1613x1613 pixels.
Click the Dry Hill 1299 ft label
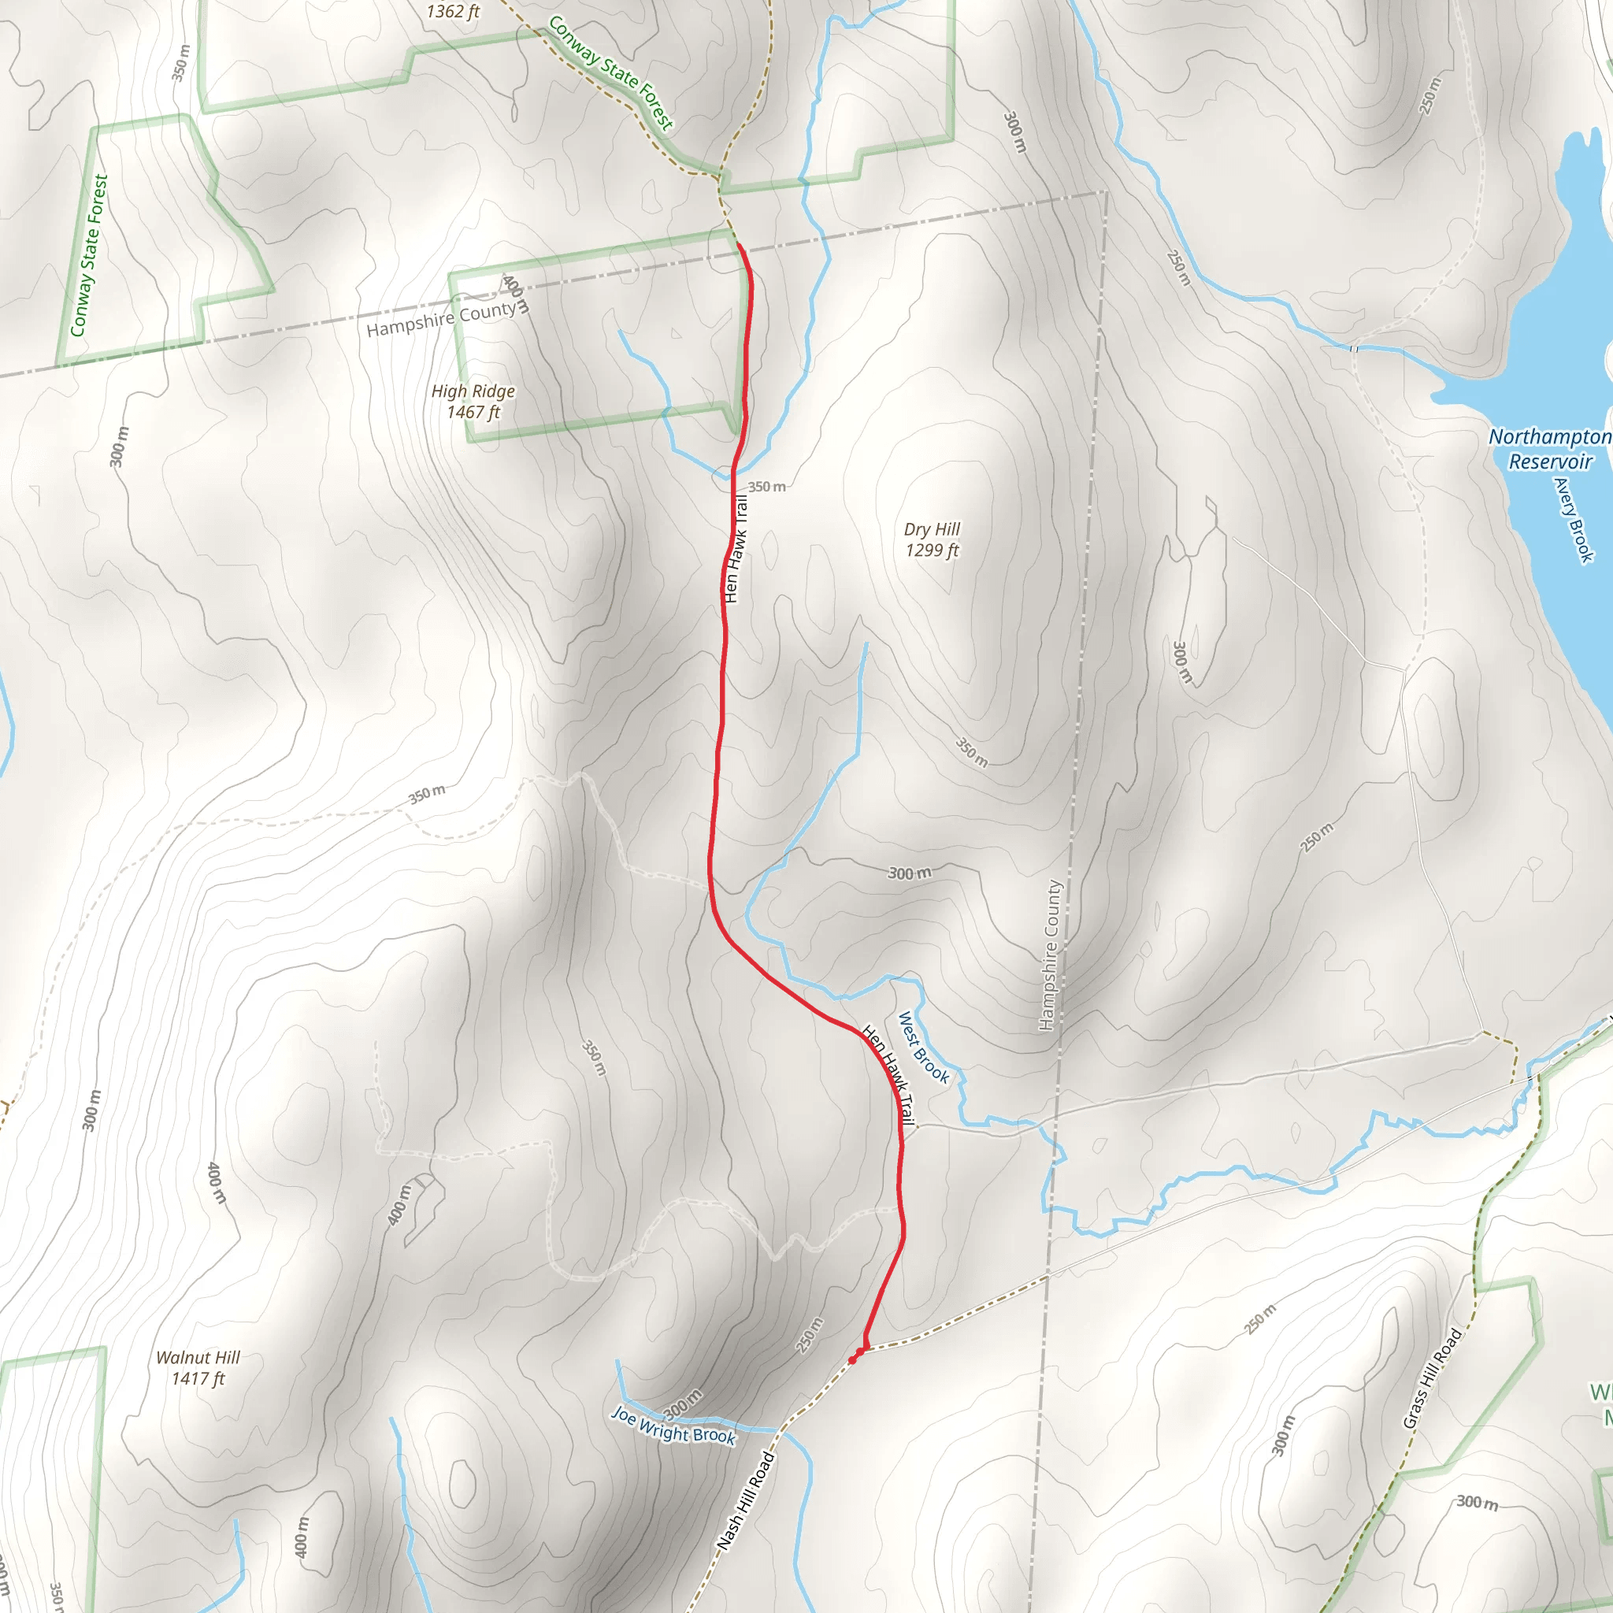click(x=932, y=540)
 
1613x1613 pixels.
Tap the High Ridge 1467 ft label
click(x=473, y=402)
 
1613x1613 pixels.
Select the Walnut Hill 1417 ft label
click(x=198, y=1367)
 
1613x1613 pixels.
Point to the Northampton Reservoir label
click(x=1549, y=449)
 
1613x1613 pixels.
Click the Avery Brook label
click(x=1574, y=519)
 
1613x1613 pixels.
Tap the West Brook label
click(x=922, y=1047)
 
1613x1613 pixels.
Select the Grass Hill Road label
click(x=1433, y=1378)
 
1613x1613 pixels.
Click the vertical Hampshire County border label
click(x=1049, y=955)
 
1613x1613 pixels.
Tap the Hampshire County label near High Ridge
click(x=442, y=319)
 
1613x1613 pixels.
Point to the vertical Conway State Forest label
click(x=89, y=255)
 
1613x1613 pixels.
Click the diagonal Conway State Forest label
click(x=610, y=73)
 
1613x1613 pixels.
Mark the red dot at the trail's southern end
click(x=853, y=1360)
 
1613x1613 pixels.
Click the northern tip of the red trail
click(x=739, y=245)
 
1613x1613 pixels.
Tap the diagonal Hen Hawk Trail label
click(x=888, y=1074)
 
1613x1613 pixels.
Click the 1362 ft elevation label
click(x=454, y=12)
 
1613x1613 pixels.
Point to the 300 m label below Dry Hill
click(x=909, y=873)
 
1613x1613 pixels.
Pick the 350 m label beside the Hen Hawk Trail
click(x=766, y=487)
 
